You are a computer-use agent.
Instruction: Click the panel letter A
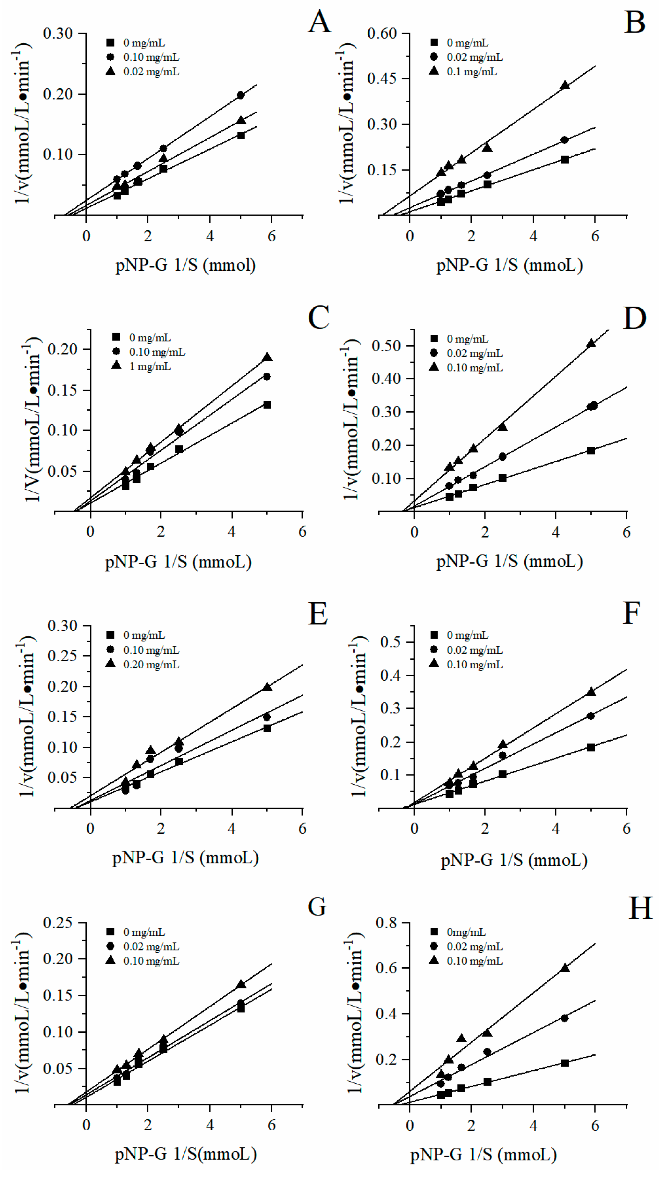pos(319,22)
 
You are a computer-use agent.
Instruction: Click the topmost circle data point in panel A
pos(240,95)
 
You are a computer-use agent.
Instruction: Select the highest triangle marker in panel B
pos(565,85)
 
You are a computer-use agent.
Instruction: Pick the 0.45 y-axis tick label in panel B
pos(382,78)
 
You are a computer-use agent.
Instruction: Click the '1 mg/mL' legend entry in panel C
pos(150,366)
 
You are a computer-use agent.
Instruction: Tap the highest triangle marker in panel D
pos(591,343)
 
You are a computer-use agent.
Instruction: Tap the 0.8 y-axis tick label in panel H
pos(386,923)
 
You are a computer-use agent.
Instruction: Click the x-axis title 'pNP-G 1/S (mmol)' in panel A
pos(185,265)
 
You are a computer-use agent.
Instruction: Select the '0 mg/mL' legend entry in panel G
pos(144,932)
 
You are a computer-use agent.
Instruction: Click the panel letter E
pos(318,614)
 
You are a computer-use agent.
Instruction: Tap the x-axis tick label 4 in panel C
pos(232,532)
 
